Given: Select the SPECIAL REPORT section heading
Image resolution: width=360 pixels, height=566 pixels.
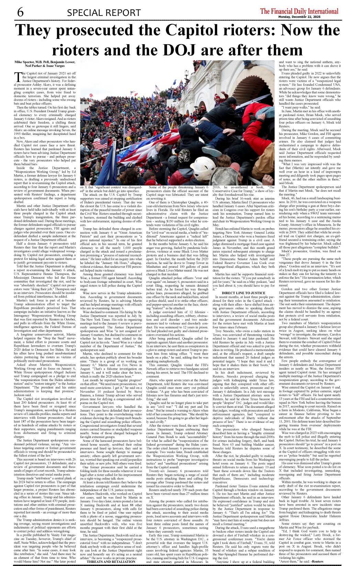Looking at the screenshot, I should click(x=104, y=13).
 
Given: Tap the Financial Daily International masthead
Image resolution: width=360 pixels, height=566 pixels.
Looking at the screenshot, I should click(x=299, y=11).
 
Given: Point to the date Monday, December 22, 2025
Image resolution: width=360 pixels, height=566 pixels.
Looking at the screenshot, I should click(x=299, y=17).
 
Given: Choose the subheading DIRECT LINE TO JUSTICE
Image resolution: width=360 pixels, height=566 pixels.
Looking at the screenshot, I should click(x=244, y=293).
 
